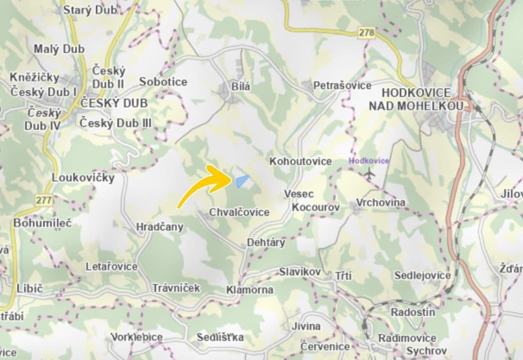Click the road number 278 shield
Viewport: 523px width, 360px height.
pyautogui.click(x=366, y=32)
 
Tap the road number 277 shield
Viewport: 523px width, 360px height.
pyautogui.click(x=44, y=200)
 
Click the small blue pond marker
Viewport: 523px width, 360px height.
pyautogui.click(x=242, y=181)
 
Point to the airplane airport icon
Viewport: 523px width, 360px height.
pyautogui.click(x=370, y=173)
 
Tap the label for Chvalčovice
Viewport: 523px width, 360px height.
pyautogui.click(x=239, y=212)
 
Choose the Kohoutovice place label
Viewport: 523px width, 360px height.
pyautogui.click(x=301, y=161)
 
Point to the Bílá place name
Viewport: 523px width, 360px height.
pyautogui.click(x=241, y=86)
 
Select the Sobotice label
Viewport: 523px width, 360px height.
pyautogui.click(x=163, y=82)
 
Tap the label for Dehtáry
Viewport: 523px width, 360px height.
pyautogui.click(x=266, y=243)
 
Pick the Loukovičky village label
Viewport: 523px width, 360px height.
pyautogui.click(x=83, y=178)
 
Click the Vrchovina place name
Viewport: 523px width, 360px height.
pyautogui.click(x=381, y=203)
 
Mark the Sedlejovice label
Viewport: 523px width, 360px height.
pyautogui.click(x=422, y=275)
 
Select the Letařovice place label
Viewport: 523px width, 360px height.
pyautogui.click(x=112, y=267)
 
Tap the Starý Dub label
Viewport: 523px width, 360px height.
pyautogui.click(x=90, y=10)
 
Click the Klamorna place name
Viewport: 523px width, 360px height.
pyautogui.click(x=250, y=290)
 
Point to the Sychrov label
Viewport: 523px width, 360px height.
pyautogui.click(x=426, y=351)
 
